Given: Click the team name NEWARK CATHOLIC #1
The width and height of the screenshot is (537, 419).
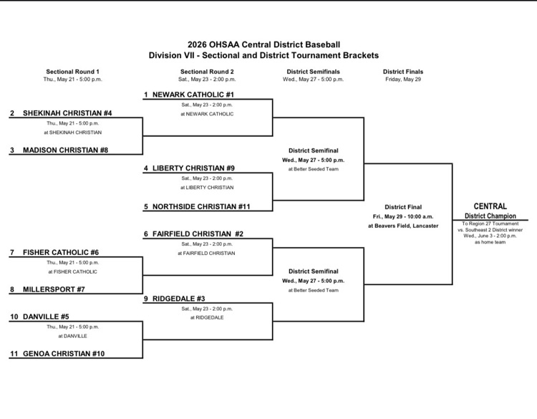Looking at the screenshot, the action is click(193, 95).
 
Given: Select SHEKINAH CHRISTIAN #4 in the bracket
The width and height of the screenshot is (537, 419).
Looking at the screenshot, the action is click(67, 113).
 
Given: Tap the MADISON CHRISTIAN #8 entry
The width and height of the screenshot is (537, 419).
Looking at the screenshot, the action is click(65, 150).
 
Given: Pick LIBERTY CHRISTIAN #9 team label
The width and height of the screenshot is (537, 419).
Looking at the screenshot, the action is click(193, 168).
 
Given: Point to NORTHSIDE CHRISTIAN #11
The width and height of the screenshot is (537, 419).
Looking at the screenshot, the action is click(201, 206).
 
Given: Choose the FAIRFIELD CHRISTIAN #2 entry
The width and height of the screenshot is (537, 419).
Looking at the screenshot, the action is click(198, 234).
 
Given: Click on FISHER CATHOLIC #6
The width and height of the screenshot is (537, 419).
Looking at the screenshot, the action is click(61, 253).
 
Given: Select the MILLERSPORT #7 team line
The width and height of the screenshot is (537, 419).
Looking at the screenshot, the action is click(54, 289).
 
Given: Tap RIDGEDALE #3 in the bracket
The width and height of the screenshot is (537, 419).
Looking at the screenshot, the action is click(179, 299).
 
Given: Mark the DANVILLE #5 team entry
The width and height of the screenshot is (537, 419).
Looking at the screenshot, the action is click(46, 317).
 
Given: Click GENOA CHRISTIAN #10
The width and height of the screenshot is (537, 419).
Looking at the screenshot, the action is click(64, 354).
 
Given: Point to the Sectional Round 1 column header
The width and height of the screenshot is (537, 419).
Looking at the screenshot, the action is click(72, 72).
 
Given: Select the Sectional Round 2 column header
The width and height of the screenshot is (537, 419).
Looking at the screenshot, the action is click(207, 72).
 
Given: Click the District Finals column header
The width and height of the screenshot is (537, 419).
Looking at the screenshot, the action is click(403, 72).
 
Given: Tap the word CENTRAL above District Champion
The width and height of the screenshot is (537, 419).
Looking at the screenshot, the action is click(490, 206).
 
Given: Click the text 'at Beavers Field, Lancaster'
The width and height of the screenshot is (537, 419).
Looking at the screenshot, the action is click(403, 226).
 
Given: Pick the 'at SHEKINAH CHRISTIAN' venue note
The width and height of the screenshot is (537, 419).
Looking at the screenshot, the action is click(72, 133).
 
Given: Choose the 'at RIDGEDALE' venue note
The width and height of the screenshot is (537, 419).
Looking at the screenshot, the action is click(207, 317).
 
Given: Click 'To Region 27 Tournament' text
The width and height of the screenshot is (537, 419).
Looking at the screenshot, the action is click(490, 223).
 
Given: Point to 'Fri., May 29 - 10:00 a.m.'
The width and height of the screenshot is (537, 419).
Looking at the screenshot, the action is click(403, 216).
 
